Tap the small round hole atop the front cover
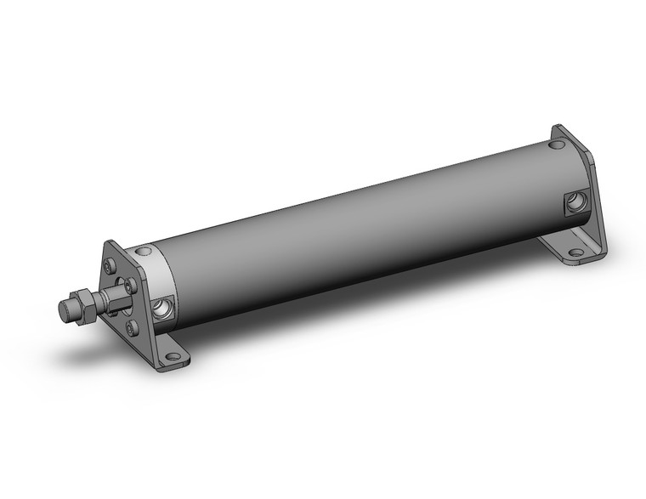point(145,251)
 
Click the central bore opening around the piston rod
point(127,298)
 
